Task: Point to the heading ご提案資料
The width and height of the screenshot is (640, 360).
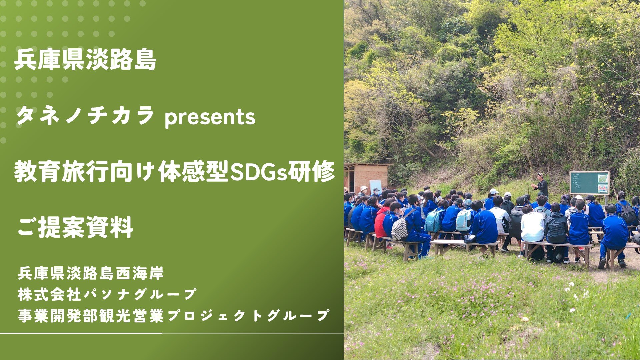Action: coord(75,227)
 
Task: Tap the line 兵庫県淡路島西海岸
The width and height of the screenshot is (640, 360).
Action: coord(91,274)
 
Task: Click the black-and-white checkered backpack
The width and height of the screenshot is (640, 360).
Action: coord(399,228)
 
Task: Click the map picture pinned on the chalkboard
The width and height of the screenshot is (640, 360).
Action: coord(603,179)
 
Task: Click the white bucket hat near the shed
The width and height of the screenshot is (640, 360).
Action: coord(363,188)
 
